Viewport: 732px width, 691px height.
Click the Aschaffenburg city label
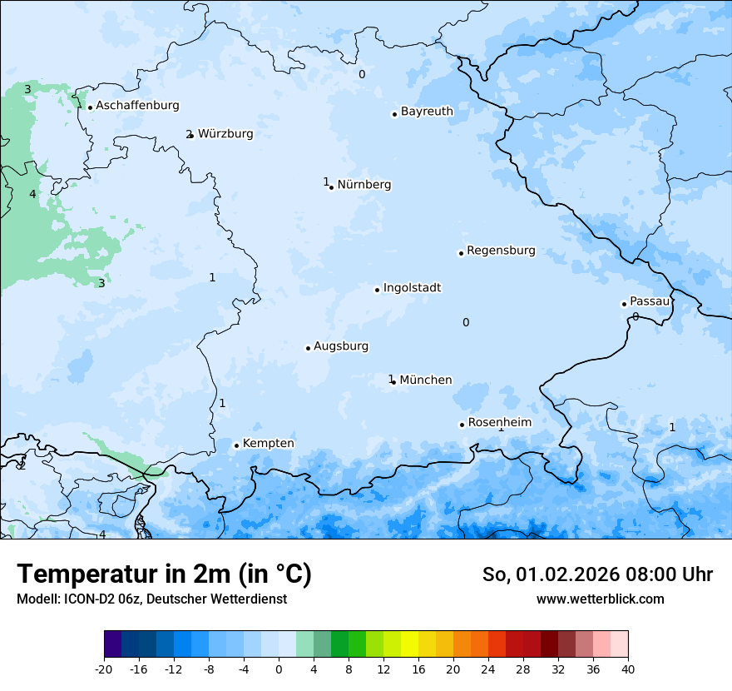click(x=137, y=106)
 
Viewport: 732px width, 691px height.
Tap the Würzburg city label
click(x=225, y=134)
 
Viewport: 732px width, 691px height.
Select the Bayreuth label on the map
click(x=427, y=112)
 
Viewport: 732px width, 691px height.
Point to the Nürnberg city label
click(x=364, y=185)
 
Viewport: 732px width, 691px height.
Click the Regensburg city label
click(x=501, y=251)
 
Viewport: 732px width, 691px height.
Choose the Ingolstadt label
click(x=412, y=288)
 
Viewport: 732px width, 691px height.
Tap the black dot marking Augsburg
click(x=308, y=348)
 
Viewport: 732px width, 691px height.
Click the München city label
click(x=425, y=380)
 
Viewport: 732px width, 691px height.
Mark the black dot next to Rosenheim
click(x=462, y=425)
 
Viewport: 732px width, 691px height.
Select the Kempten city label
click(x=268, y=444)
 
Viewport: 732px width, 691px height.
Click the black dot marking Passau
click(x=624, y=304)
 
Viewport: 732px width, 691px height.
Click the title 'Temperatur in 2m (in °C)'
click(x=164, y=574)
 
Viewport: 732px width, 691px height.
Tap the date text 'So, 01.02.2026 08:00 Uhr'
click(x=597, y=575)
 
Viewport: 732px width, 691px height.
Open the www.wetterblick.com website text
click(x=600, y=599)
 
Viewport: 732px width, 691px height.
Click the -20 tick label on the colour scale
click(x=104, y=669)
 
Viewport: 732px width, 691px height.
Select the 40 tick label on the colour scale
click(x=628, y=669)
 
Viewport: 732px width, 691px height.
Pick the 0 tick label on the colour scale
click(x=279, y=669)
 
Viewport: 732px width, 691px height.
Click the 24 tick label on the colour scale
click(x=488, y=669)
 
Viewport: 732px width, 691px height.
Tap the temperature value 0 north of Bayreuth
click(x=362, y=75)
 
